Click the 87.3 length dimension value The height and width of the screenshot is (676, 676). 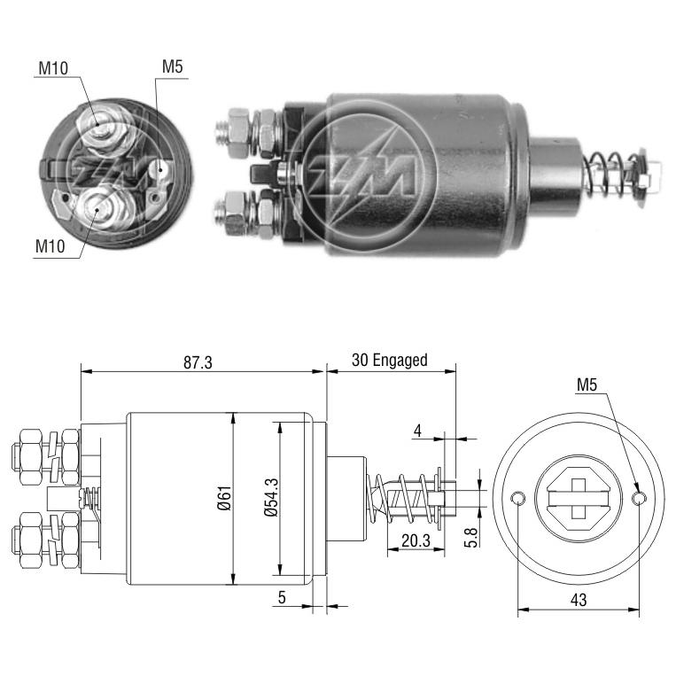click(x=198, y=362)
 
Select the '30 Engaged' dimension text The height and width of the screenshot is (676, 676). click(x=389, y=360)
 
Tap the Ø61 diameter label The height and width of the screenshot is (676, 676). click(x=224, y=499)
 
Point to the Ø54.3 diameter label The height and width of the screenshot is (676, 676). click(x=271, y=498)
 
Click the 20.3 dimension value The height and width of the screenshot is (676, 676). click(x=416, y=540)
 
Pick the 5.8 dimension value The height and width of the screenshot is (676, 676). click(x=470, y=537)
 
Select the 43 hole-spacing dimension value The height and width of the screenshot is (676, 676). click(x=579, y=600)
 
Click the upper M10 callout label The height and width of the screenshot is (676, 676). click(x=53, y=67)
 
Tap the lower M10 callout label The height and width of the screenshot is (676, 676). click(x=50, y=246)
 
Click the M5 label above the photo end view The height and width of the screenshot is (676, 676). click(x=173, y=66)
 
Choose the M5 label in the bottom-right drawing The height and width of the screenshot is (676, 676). click(x=587, y=385)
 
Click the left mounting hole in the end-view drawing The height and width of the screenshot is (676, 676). click(x=517, y=499)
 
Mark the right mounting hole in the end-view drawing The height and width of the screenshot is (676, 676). click(x=639, y=499)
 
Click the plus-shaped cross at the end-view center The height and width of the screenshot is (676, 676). click(x=579, y=499)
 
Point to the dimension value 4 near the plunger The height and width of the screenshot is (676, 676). click(x=417, y=431)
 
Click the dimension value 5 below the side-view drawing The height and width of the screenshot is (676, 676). click(x=282, y=597)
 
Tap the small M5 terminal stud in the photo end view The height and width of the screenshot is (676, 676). click(x=160, y=169)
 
